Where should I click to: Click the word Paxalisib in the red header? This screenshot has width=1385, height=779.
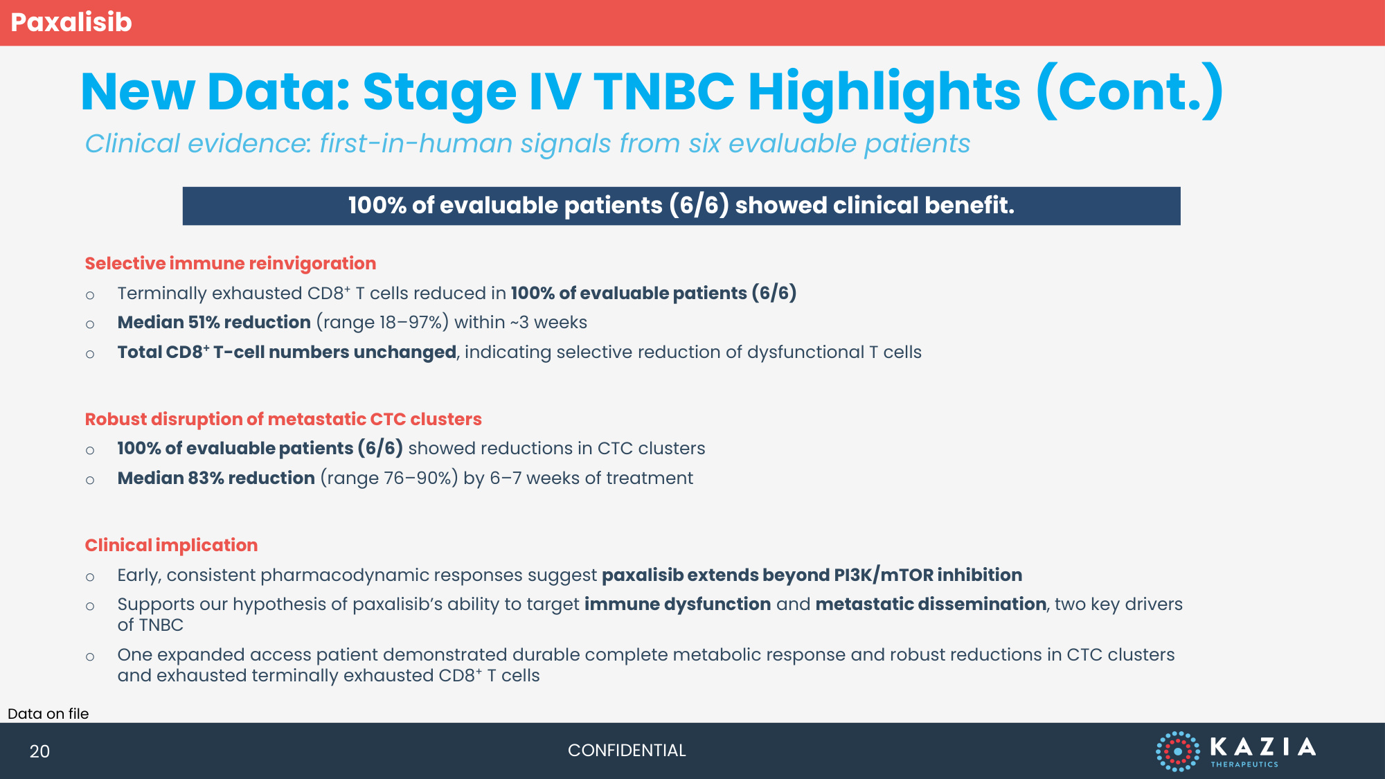(x=71, y=22)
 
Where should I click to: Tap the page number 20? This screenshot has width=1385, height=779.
(x=39, y=751)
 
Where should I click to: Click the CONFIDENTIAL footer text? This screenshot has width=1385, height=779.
(x=627, y=751)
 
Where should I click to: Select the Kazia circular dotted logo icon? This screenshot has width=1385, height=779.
(x=1177, y=751)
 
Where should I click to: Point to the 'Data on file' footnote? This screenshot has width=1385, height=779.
(x=48, y=714)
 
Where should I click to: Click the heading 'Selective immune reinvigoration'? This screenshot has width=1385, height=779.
(x=231, y=264)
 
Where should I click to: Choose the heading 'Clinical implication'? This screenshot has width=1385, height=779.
(x=171, y=546)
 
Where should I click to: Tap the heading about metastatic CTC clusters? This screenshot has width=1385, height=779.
(x=283, y=420)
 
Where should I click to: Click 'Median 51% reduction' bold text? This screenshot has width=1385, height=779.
(x=214, y=323)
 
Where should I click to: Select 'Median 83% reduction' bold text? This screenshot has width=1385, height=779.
(x=216, y=478)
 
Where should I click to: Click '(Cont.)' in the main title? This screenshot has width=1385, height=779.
(x=1130, y=92)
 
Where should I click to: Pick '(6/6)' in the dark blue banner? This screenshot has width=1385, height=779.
(x=699, y=206)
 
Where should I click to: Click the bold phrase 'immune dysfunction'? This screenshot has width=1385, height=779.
(x=677, y=605)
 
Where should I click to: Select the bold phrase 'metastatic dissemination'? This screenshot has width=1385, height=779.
(x=931, y=605)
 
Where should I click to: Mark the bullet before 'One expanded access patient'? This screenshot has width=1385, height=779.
(x=90, y=657)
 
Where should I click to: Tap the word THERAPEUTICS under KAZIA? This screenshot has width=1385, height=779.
(x=1244, y=764)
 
